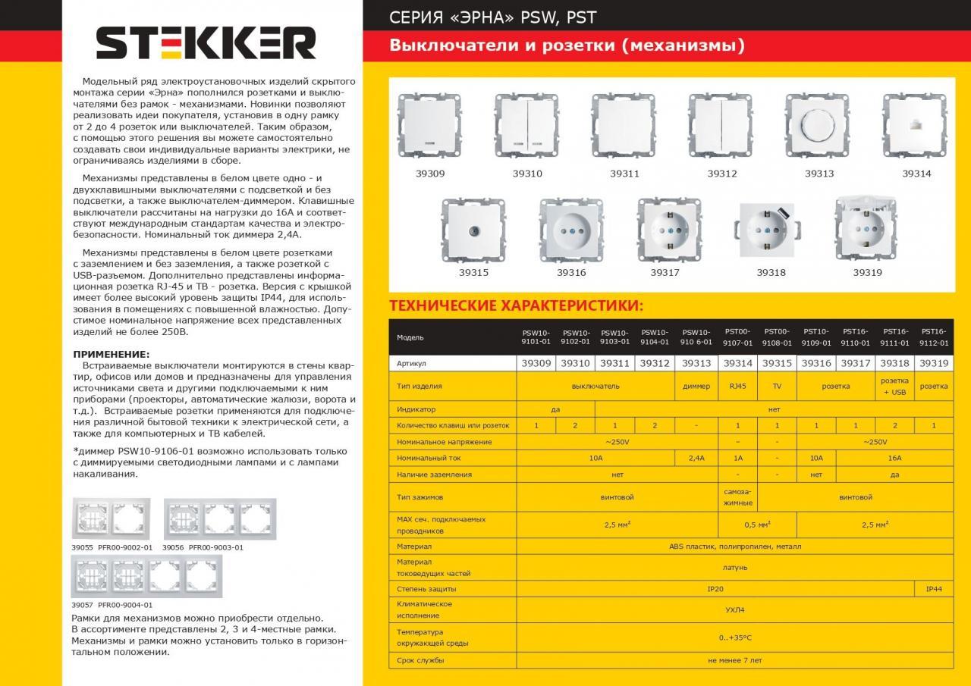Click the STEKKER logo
tap(206, 43)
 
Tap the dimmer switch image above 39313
tap(815, 124)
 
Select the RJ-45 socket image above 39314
tap(913, 124)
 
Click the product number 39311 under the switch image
tap(624, 174)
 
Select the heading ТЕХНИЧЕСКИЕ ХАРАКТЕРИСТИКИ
tap(516, 306)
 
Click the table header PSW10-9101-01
tap(536, 337)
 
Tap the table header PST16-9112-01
tap(934, 337)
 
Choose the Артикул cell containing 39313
tap(696, 364)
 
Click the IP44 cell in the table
tap(934, 589)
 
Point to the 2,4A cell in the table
tap(696, 458)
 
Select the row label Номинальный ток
tap(429, 458)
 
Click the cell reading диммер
tap(696, 386)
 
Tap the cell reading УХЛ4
tap(734, 609)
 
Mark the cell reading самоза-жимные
tap(738, 497)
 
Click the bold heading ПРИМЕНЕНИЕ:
tap(111, 354)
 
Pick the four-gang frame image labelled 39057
tap(147, 577)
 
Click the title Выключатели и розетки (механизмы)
tap(567, 45)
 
